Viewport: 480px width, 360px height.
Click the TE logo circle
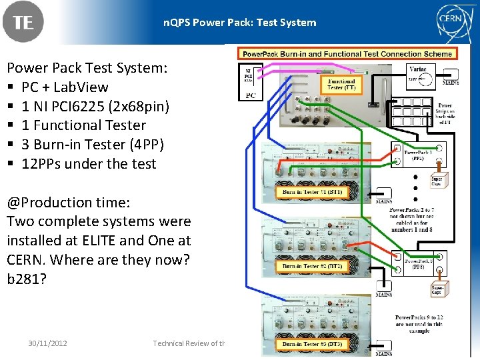pyautogui.click(x=23, y=22)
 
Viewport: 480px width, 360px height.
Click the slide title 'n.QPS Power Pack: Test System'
pyautogui.click(x=240, y=23)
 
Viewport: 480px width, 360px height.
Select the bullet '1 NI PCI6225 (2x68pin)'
pyautogui.click(x=95, y=106)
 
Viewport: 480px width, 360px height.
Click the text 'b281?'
pyautogui.click(x=27, y=279)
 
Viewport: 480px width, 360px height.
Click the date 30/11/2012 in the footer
pyautogui.click(x=48, y=343)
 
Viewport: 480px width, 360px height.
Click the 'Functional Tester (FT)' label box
pyautogui.click(x=341, y=85)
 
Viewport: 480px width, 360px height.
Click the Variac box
pyautogui.click(x=418, y=75)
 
